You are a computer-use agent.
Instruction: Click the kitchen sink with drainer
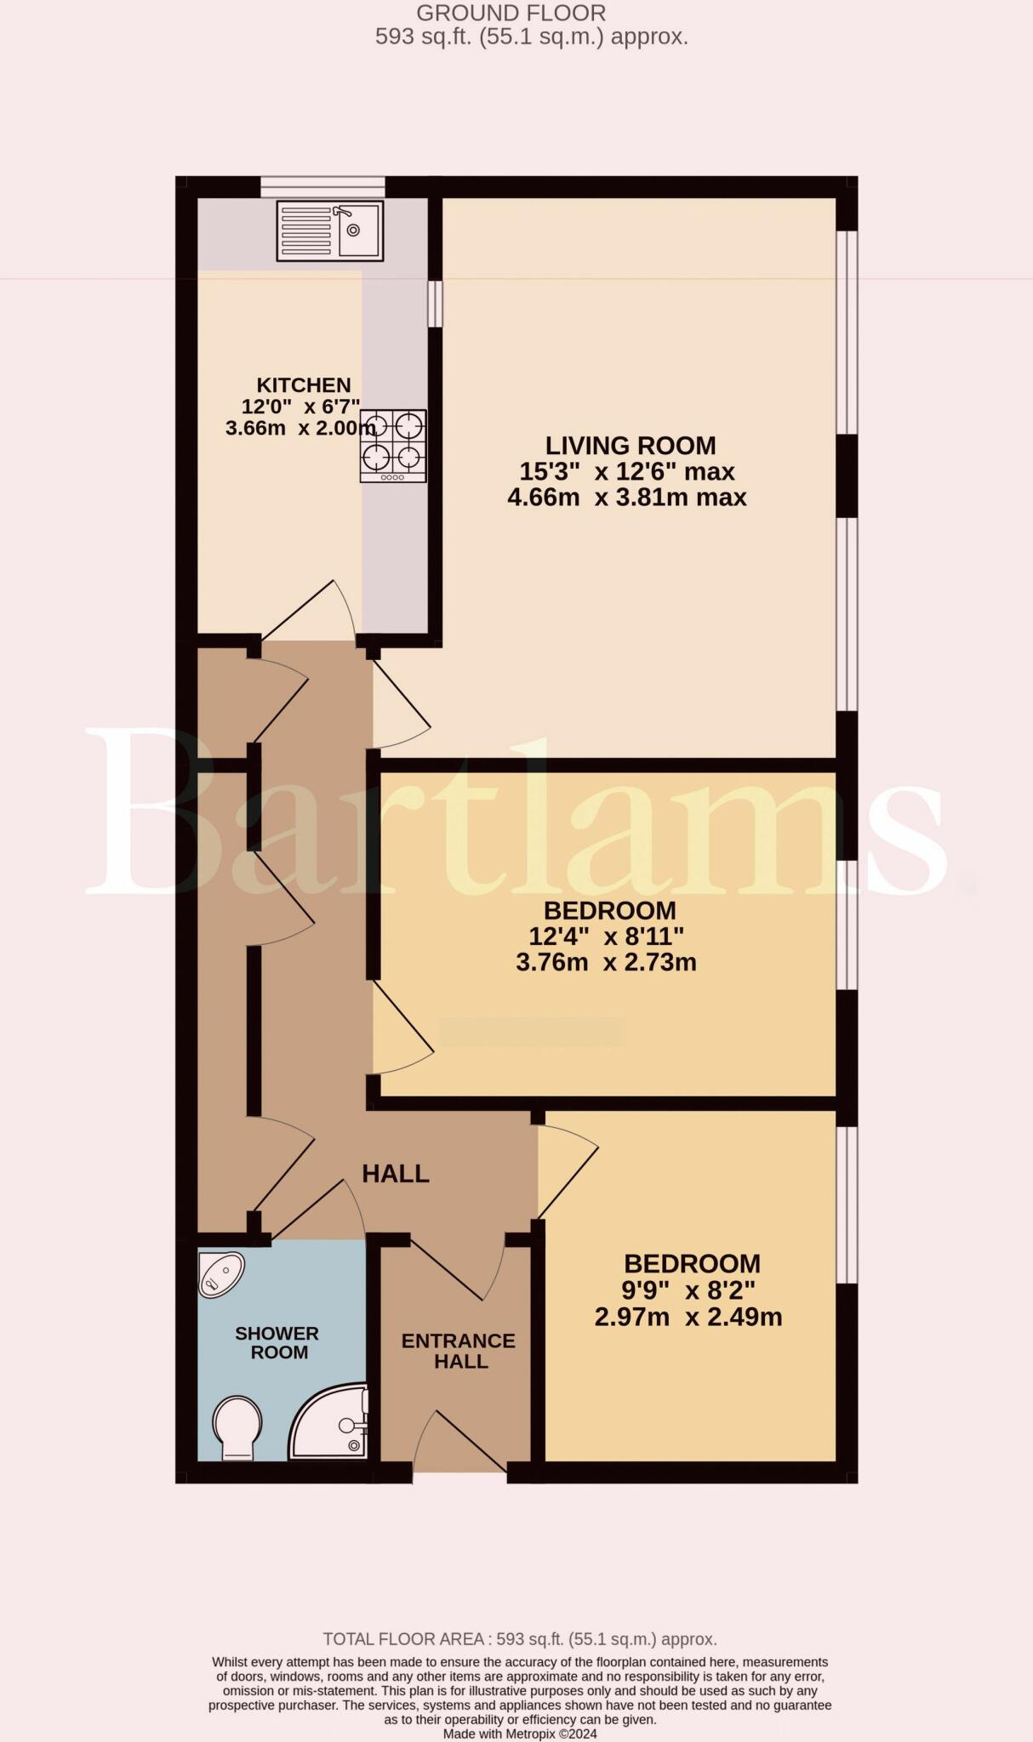pos(330,231)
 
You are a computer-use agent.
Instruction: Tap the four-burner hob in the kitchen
pos(392,446)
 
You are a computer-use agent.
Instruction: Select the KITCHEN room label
pos(304,385)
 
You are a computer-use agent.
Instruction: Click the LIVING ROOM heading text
pos(631,446)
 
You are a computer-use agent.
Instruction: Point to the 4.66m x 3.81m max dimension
pos(627,498)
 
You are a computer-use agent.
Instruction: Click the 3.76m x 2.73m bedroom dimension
pos(606,963)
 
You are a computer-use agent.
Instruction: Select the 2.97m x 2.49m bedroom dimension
pos(688,1318)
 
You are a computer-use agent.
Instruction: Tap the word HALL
pos(396,1174)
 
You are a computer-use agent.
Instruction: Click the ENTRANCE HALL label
pos(459,1351)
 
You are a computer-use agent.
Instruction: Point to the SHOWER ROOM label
pos(277,1343)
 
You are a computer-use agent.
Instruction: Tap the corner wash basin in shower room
pos(220,1273)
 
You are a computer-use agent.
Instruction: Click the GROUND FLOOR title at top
pos(511,13)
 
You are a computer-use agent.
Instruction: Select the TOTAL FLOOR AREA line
pos(520,1639)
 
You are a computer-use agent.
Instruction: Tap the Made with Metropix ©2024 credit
pos(520,1733)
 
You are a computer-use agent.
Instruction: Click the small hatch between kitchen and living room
pos(435,304)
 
